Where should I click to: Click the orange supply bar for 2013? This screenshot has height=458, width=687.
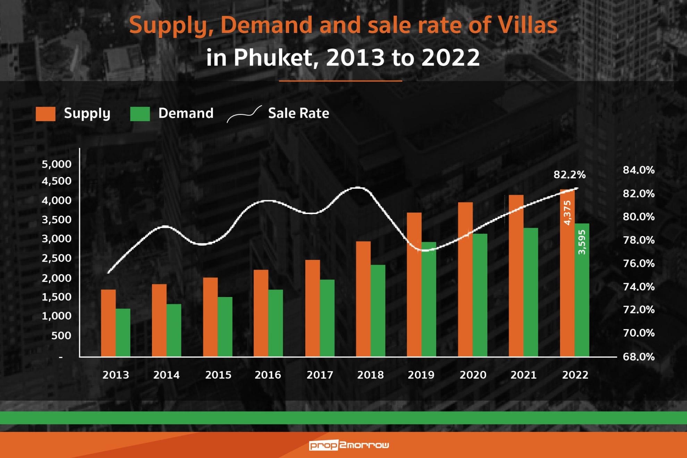[x=108, y=323]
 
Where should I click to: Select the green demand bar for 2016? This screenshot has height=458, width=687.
[x=275, y=323]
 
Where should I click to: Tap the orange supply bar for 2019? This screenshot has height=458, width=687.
[x=414, y=285]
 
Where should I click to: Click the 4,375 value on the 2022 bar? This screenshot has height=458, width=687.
[x=567, y=213]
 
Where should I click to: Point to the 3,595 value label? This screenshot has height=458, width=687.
[x=582, y=242]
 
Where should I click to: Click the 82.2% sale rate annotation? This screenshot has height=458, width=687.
[x=569, y=175]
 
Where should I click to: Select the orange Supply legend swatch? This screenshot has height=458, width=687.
[x=45, y=114]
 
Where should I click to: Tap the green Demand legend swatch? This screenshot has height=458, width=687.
[x=140, y=114]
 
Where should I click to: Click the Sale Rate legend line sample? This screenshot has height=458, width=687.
[x=244, y=114]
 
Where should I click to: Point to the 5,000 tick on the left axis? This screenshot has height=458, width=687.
[x=57, y=164]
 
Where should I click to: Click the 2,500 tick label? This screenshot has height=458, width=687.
[x=57, y=258]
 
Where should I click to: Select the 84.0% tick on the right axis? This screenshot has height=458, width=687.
[x=638, y=170]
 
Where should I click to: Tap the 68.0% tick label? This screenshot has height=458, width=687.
[x=638, y=357]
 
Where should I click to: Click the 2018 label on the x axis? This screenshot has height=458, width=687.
[x=370, y=375]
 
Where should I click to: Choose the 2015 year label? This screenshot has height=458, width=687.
[x=218, y=375]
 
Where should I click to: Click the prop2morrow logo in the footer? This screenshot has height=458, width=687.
[x=349, y=445]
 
